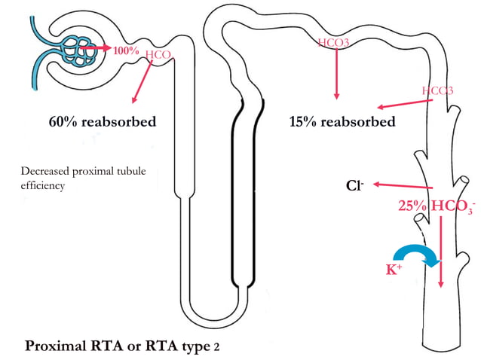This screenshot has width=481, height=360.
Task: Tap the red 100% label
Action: (x=126, y=50)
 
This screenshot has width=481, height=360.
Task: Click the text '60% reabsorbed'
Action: (x=102, y=122)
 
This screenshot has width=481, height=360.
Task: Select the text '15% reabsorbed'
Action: (x=342, y=122)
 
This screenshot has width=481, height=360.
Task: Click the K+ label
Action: (x=394, y=269)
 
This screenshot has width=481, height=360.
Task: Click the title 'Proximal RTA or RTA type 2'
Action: (x=123, y=346)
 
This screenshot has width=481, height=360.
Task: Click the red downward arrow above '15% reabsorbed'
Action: (x=336, y=75)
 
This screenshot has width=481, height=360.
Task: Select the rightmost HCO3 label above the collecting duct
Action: (x=437, y=91)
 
